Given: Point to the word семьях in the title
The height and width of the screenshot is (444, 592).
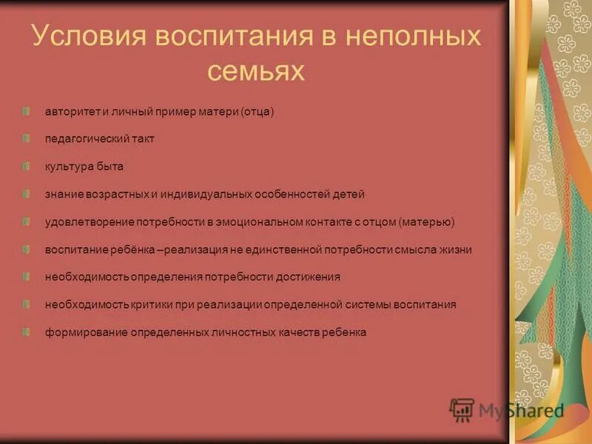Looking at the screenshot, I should (x=255, y=71).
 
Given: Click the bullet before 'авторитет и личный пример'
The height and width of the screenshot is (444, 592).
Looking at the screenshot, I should (x=27, y=112).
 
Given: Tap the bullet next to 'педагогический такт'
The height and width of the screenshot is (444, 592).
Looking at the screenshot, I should (x=27, y=138).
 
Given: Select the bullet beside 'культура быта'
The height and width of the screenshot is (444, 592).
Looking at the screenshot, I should (x=27, y=166).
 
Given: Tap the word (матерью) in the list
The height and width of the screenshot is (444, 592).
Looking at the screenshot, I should (x=427, y=221).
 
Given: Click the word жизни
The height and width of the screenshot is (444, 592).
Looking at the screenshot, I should (x=455, y=249).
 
